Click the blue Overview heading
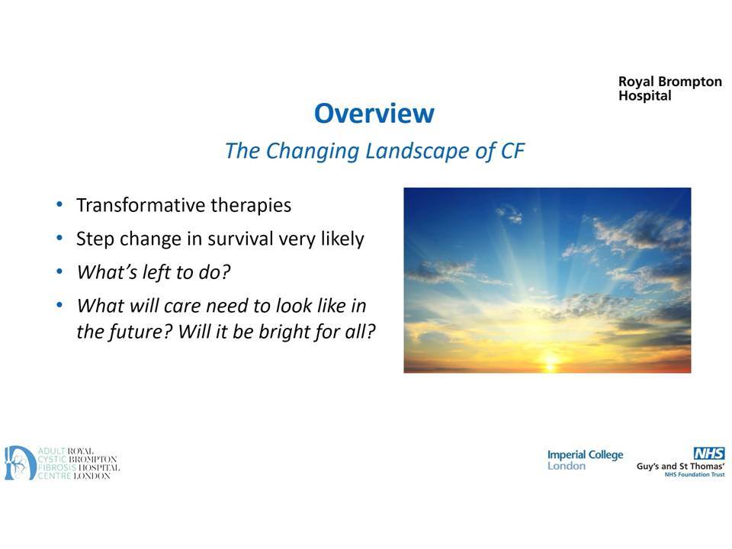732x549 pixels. pos(374,114)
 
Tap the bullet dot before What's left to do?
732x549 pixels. pos(59,271)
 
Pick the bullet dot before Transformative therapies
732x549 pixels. pos(59,204)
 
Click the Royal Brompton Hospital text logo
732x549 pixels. pos(670,88)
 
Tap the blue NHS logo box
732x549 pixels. pos(709,453)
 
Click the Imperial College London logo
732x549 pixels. pos(585,460)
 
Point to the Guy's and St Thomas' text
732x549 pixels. pos(681,467)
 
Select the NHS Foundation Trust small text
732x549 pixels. pos(695,475)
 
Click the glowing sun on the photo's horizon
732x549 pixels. pos(551,361)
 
